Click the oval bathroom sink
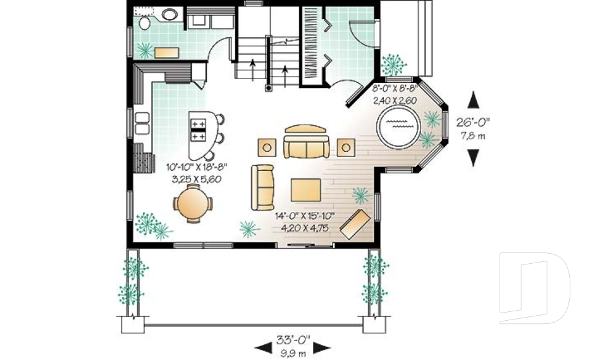(x=169, y=15)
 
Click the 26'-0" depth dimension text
(x=473, y=123)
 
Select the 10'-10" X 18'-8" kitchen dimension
(x=196, y=168)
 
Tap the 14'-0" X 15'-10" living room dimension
(x=305, y=216)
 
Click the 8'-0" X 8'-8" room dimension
(x=395, y=89)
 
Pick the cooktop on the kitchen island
(x=198, y=130)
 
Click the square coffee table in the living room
(x=305, y=190)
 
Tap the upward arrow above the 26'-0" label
(x=473, y=99)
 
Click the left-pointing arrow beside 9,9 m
(x=263, y=348)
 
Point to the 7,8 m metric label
(x=473, y=136)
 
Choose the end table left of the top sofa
(x=267, y=147)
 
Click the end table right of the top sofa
(x=346, y=147)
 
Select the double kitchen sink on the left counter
(x=142, y=123)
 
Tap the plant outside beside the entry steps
(x=394, y=65)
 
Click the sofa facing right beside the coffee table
(x=262, y=187)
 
